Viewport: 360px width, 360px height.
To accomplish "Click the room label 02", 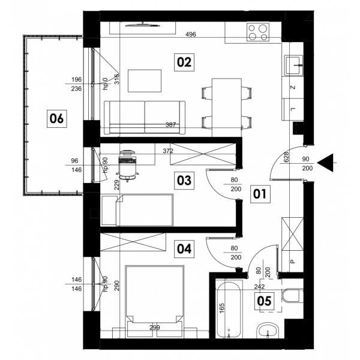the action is click(x=184, y=62).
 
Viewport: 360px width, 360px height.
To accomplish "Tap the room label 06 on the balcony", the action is click(x=57, y=119).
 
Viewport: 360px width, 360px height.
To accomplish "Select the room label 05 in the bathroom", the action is click(x=264, y=301).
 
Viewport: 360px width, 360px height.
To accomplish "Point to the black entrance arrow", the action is click(x=325, y=163).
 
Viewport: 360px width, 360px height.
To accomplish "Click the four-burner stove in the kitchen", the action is click(x=258, y=32).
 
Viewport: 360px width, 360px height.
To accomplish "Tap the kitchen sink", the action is click(x=293, y=65).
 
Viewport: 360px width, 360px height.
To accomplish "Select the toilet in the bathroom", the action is click(x=292, y=295).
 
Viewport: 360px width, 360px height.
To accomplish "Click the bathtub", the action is click(x=229, y=309).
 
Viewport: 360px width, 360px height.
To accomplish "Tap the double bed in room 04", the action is click(x=155, y=301).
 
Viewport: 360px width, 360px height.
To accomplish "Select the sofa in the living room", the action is click(x=145, y=118).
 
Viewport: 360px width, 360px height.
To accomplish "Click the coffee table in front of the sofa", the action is click(x=145, y=81).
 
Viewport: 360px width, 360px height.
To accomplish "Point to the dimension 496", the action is click(x=191, y=34).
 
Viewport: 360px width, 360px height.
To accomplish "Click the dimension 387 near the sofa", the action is click(x=171, y=125).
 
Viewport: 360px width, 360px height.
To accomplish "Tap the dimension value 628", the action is click(x=286, y=157).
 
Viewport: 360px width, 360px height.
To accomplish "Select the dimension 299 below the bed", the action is click(x=155, y=328).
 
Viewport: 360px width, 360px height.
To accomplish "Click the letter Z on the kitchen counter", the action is click(x=293, y=88).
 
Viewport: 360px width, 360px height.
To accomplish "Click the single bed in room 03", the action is click(x=137, y=210).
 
